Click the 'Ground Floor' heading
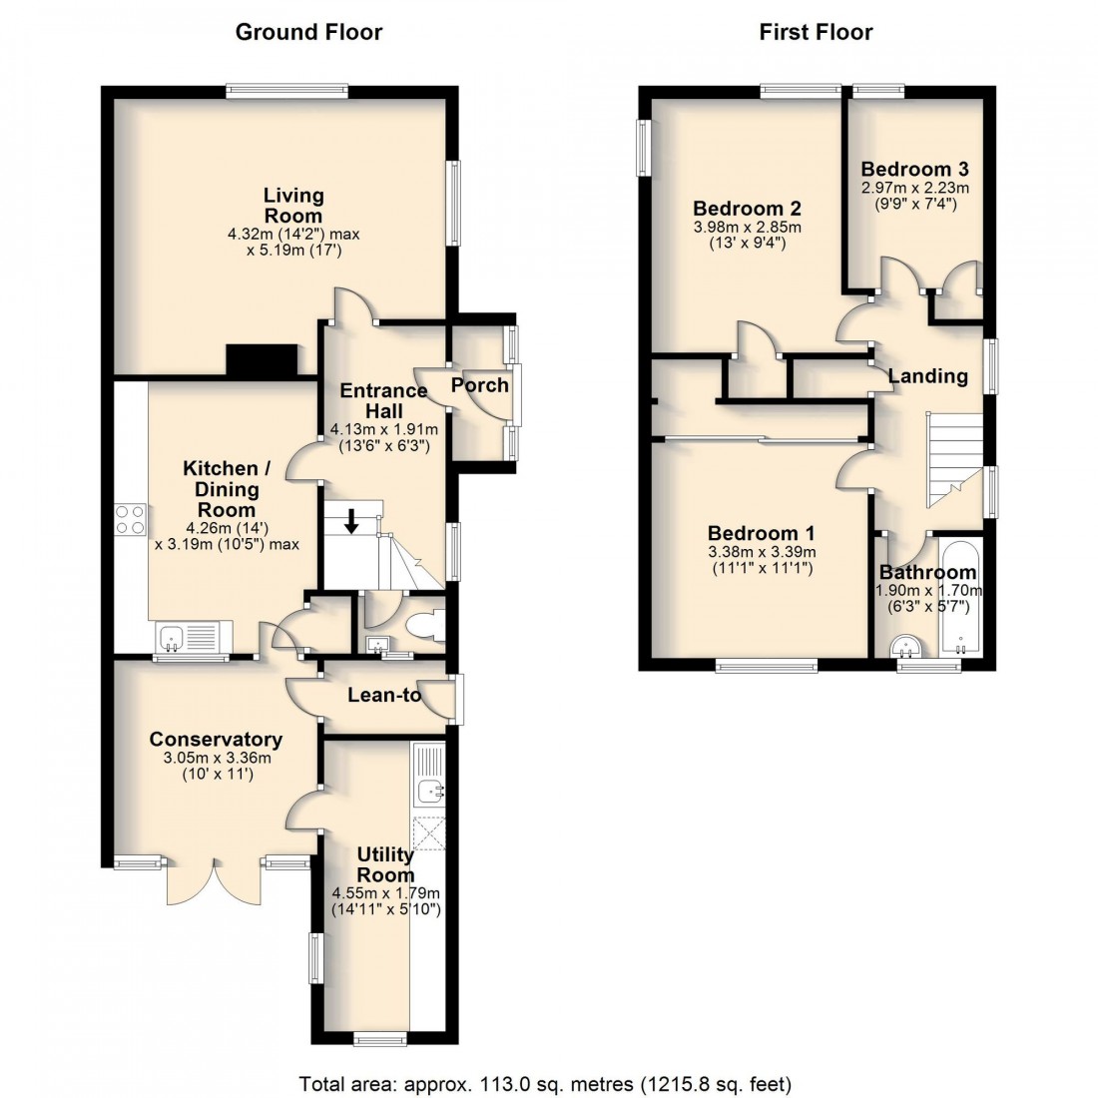(x=308, y=32)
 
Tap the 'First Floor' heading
(x=816, y=32)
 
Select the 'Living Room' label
(x=292, y=205)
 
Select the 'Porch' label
(x=480, y=385)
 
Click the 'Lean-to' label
(x=384, y=695)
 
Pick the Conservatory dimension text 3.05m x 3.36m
(x=216, y=758)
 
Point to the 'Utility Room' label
(x=386, y=864)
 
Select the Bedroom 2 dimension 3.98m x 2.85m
(x=748, y=227)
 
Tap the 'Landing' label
(x=927, y=376)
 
